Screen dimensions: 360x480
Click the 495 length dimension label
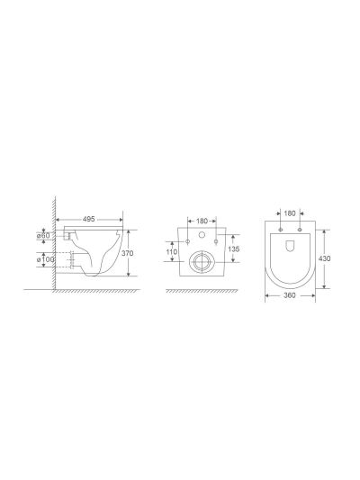(x=89, y=219)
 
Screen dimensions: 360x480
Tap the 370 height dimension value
(x=127, y=253)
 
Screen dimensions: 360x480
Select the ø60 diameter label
(x=43, y=236)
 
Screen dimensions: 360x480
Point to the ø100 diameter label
(x=45, y=259)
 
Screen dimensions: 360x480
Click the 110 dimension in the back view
(x=172, y=251)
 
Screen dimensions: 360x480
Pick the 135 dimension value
(x=234, y=249)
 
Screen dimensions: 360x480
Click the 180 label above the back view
(x=202, y=221)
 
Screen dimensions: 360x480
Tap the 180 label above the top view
(x=290, y=213)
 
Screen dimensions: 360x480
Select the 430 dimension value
(x=325, y=258)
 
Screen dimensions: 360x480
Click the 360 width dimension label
(x=290, y=295)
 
